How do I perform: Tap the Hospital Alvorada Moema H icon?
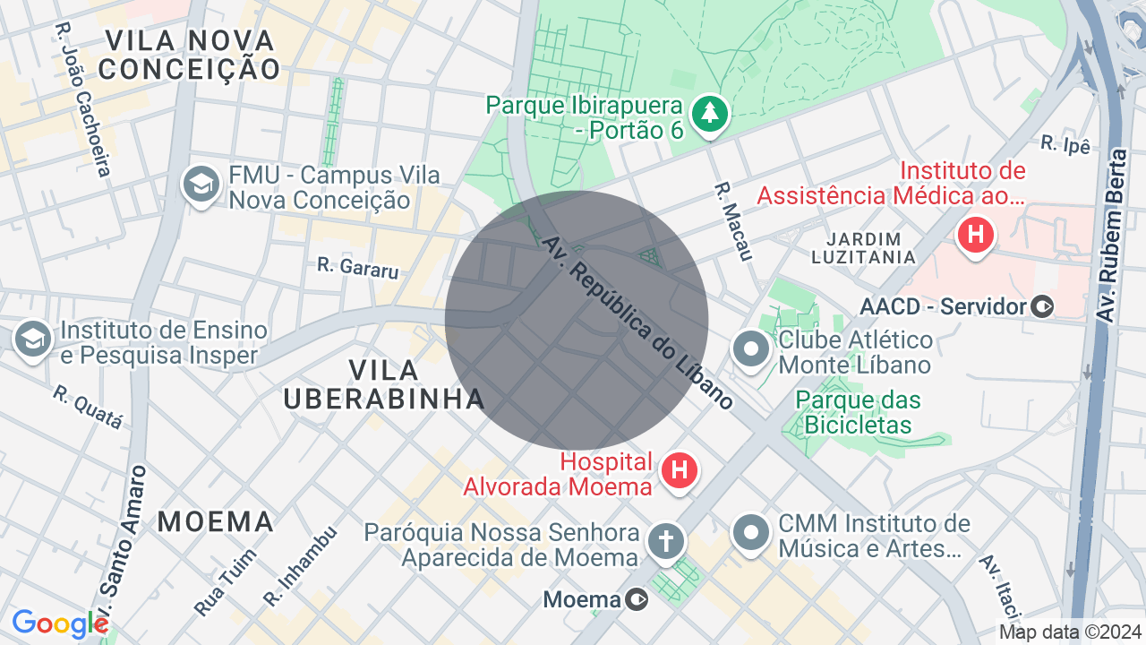[x=680, y=469]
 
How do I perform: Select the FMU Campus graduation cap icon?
[x=201, y=185]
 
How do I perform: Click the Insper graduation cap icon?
[x=33, y=339]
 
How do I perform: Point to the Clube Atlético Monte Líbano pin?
[x=750, y=348]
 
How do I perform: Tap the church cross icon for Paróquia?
[x=665, y=540]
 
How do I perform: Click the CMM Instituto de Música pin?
[x=750, y=533]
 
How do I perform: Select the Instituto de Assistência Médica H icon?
[x=975, y=236]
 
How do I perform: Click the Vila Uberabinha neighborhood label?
[x=384, y=384]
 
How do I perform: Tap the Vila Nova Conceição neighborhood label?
[x=190, y=54]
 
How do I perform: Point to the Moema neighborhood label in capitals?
[x=216, y=521]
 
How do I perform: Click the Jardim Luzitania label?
[x=863, y=248]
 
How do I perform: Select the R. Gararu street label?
[x=358, y=267]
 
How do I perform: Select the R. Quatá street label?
[x=87, y=408]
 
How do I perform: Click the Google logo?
[x=59, y=623]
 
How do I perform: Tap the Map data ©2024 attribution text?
[x=1071, y=632]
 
